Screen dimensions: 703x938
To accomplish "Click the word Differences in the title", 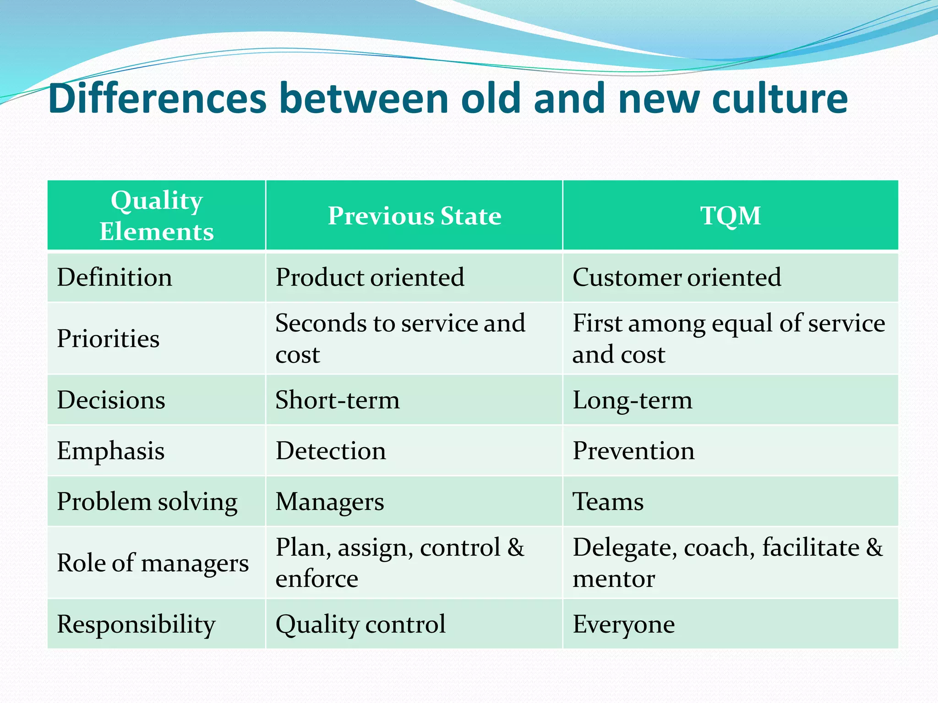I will point(157,98).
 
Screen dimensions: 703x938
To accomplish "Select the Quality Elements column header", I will point(157,216).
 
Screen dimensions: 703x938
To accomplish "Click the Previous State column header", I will point(414,216).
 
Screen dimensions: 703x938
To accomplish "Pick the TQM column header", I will point(731,216).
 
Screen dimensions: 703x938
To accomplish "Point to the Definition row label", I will point(115,277).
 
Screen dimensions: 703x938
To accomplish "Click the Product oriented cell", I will point(370,277).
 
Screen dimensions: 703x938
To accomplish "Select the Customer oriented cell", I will point(676,277).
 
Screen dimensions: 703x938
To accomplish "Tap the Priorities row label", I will point(108,339).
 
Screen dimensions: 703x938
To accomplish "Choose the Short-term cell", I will point(338,400).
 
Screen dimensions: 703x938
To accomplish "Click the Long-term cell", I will point(632,400).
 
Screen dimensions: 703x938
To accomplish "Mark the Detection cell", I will point(331,451).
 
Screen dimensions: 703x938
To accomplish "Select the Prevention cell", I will point(633,451).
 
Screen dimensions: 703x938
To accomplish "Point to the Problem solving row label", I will point(147,502).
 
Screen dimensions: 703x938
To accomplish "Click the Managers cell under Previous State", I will point(330,502).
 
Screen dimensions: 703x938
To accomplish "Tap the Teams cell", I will point(608,502).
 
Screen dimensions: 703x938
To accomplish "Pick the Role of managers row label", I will point(153,563).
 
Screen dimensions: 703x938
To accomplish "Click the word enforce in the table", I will point(316,579).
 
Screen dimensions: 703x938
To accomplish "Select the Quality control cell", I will point(360,624).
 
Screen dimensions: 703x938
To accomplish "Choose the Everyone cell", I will point(623,624).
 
